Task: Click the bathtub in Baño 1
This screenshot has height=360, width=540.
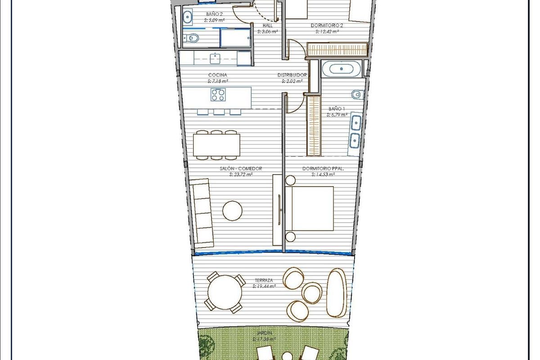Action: coord(344,69)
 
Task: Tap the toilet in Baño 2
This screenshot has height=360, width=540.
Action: coord(193,39)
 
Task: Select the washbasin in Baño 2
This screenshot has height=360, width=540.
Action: coord(188,18)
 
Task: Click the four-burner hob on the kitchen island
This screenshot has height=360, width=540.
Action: coord(219,94)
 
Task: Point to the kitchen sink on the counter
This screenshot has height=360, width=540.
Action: coord(216,58)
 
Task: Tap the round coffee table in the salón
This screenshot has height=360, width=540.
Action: coord(232,211)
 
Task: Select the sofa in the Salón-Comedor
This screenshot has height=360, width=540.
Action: coord(202,213)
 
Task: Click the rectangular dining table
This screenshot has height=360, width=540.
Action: coord(217,145)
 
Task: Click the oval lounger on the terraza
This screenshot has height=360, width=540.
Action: coord(337,292)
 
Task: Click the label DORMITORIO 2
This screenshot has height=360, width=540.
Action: coord(327,26)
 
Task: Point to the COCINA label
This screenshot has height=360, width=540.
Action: coord(217,75)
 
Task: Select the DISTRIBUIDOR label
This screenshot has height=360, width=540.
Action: coord(292,75)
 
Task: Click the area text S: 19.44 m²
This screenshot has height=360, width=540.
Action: coord(264,286)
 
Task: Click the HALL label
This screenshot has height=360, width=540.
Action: coord(267,26)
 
